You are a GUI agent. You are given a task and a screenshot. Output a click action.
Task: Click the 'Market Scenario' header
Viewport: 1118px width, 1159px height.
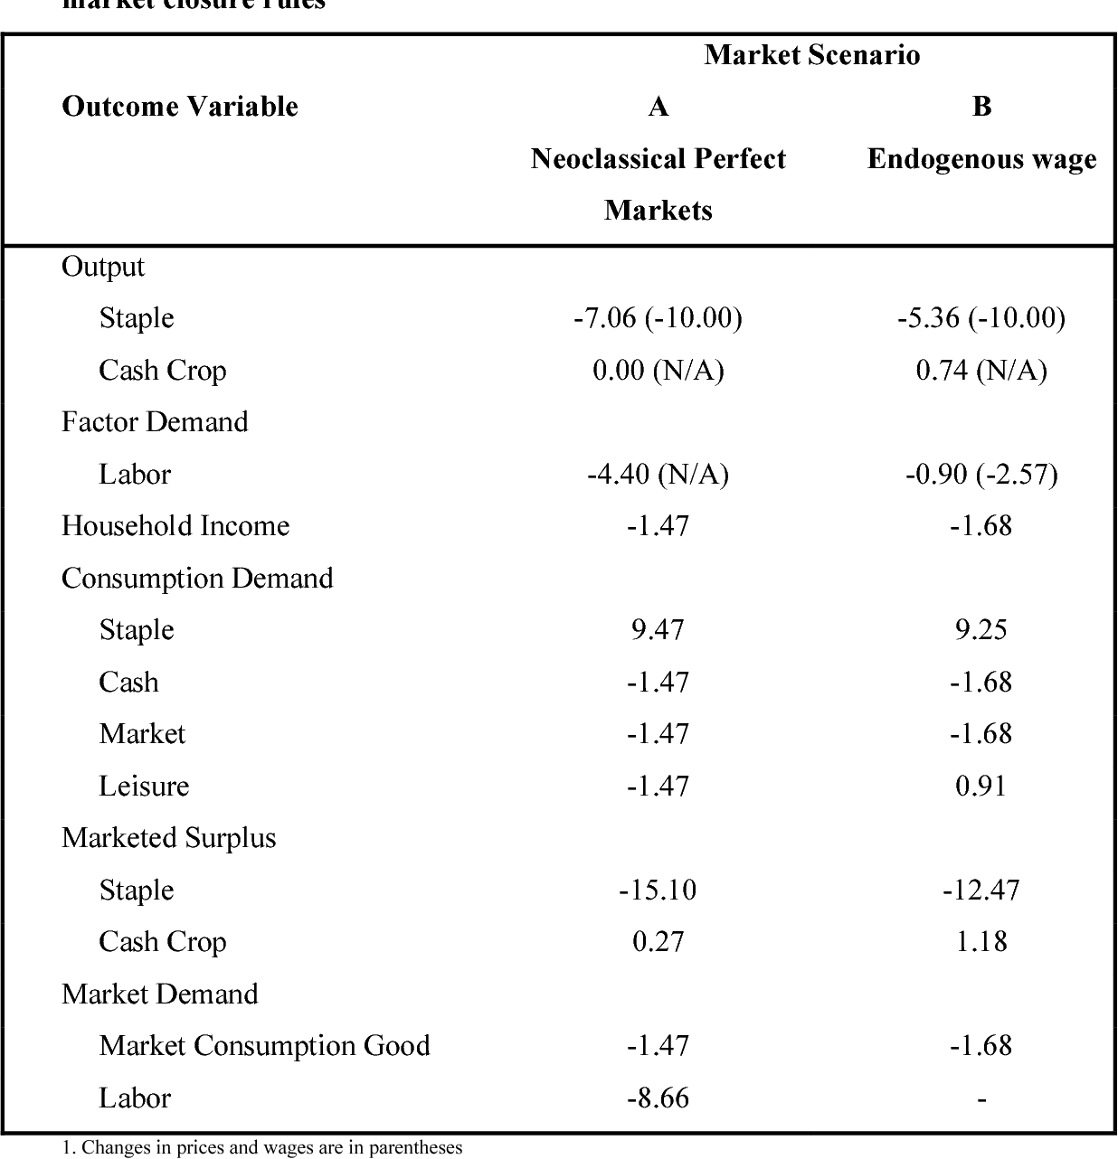click(x=811, y=55)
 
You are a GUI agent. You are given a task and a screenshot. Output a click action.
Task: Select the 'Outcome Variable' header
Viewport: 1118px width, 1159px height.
click(x=179, y=107)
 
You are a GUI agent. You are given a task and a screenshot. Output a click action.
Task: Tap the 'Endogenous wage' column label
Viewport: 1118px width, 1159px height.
click(x=981, y=159)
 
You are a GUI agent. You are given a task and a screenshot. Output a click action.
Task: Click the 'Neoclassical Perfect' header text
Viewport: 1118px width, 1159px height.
click(x=658, y=159)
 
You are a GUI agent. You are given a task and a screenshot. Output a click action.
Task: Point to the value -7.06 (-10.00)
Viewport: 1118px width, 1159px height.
click(x=658, y=318)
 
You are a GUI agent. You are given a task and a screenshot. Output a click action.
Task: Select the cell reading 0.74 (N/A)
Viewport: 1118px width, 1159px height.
click(x=981, y=371)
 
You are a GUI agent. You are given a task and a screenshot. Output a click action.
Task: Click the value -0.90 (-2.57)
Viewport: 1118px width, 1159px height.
click(x=981, y=475)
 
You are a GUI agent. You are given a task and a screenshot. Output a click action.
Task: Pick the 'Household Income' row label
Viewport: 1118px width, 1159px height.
click(x=175, y=526)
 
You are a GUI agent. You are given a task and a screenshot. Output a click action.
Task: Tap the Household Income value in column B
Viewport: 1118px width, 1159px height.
click(x=981, y=526)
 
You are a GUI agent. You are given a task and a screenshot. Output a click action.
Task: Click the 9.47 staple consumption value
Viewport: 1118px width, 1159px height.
click(x=658, y=630)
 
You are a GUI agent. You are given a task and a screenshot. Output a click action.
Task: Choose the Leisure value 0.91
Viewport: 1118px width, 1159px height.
click(x=981, y=786)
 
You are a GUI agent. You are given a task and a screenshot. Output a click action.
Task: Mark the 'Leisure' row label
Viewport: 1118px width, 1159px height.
click(x=144, y=786)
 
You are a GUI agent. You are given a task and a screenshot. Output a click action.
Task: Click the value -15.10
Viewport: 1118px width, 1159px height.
click(x=658, y=890)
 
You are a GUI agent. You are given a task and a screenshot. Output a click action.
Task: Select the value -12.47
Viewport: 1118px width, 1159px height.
click(x=981, y=890)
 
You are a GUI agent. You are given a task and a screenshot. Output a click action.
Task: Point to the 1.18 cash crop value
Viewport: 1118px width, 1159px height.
click(x=981, y=942)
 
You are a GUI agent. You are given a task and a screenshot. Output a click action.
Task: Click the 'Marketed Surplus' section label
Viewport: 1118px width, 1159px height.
click(x=168, y=838)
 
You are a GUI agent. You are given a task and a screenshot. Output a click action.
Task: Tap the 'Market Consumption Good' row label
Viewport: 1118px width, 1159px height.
click(x=264, y=1046)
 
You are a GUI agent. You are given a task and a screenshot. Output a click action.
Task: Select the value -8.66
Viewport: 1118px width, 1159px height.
click(x=658, y=1098)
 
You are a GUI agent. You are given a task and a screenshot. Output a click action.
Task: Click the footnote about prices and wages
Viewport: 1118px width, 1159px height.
click(x=262, y=1148)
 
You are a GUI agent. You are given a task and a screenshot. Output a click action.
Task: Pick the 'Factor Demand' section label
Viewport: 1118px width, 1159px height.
click(x=155, y=422)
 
